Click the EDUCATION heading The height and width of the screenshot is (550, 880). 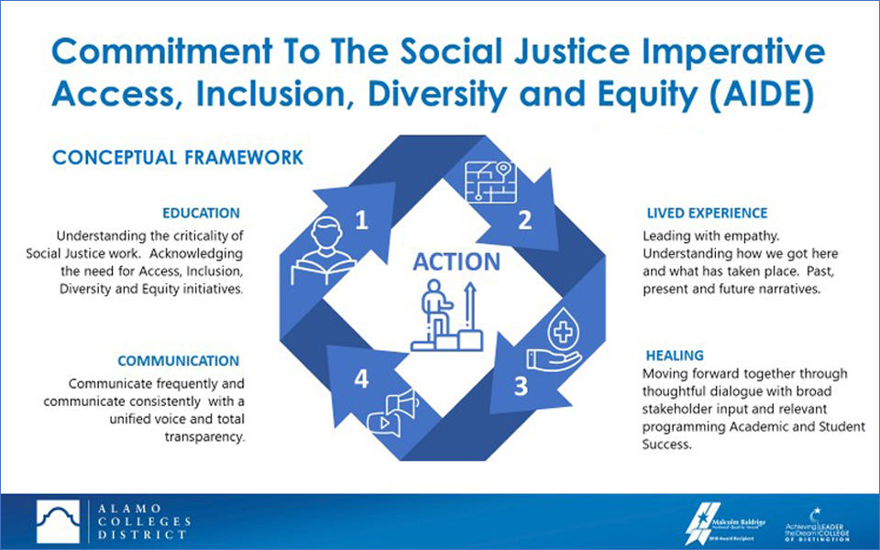coord(201,213)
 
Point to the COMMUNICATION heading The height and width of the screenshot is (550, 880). coord(178,360)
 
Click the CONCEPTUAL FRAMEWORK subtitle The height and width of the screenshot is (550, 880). coord(177,158)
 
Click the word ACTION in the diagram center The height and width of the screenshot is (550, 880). coord(456,262)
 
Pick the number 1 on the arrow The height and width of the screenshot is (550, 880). coord(362,220)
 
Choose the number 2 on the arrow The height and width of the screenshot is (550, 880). coord(524,220)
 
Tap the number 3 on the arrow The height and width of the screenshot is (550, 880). coord(520,386)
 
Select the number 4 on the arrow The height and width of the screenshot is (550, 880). coord(362,379)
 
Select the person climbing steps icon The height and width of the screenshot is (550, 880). coord(446,315)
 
